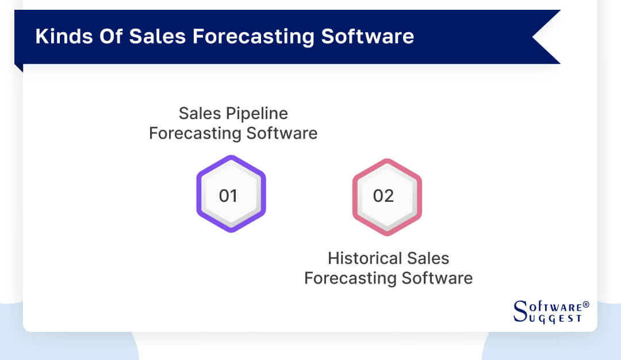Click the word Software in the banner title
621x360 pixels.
[367, 36]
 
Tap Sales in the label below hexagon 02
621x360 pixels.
[429, 258]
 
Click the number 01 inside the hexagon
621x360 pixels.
[228, 196]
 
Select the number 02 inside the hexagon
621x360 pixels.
[384, 196]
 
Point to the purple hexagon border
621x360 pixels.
[200, 194]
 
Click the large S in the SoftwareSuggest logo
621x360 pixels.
[519, 311]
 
